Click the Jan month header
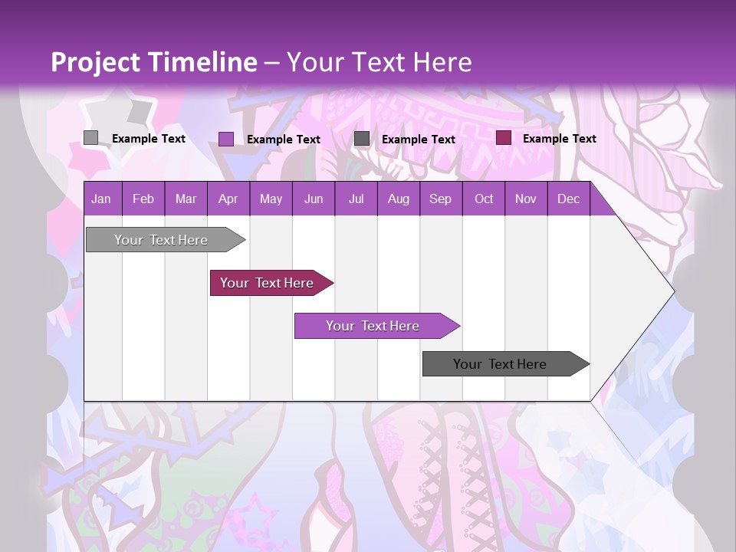[101, 199]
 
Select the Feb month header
[143, 199]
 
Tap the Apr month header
[228, 199]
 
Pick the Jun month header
[314, 199]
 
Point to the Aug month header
[399, 199]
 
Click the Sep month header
[441, 199]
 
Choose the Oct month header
[484, 199]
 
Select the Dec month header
[569, 199]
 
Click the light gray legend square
[90, 138]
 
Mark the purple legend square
[226, 139]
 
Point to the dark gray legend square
[362, 139]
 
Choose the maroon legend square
[504, 138]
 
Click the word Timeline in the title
[203, 62]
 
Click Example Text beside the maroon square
[560, 139]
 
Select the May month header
[271, 199]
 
